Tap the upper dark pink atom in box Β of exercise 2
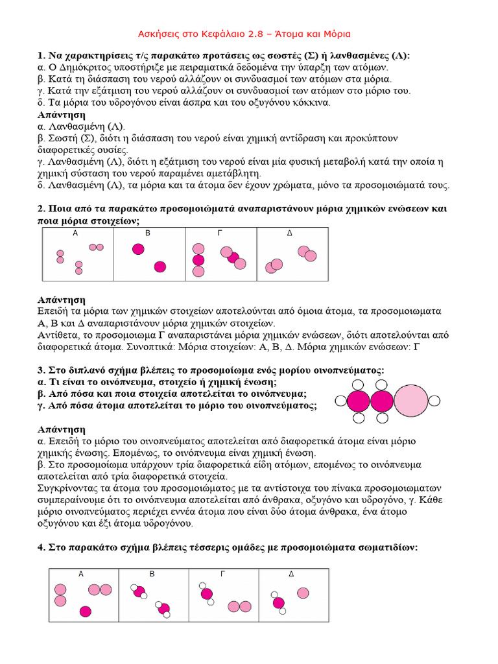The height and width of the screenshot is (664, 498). (138, 249)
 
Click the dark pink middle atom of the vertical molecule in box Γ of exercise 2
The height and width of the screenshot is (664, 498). (198, 260)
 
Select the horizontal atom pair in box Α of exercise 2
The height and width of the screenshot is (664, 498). (96, 247)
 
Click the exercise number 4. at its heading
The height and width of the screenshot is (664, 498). (42, 548)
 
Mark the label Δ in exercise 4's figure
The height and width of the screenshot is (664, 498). (291, 574)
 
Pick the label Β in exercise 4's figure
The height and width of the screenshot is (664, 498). (152, 574)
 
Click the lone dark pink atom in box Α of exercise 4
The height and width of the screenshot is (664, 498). (85, 611)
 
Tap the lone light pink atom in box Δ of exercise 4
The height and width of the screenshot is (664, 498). (303, 593)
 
